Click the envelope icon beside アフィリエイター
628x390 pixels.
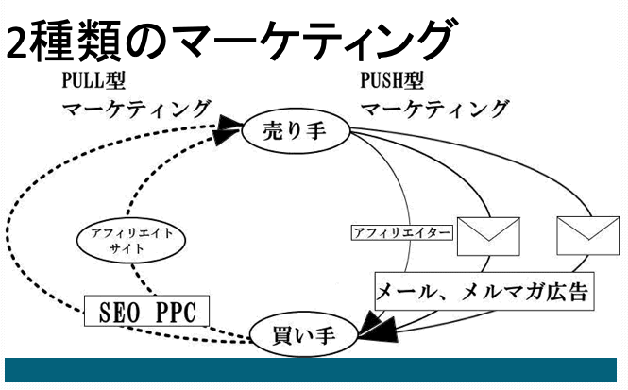[488, 234]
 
